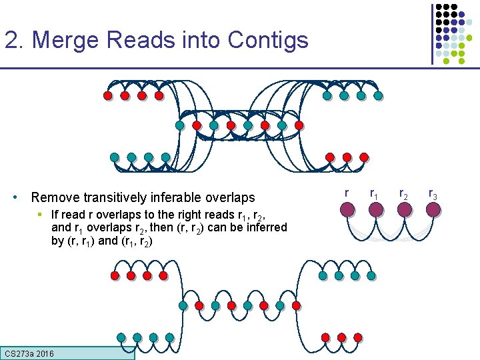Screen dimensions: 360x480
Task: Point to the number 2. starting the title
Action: [x=15, y=40]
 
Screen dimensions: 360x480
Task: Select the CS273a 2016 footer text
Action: [x=29, y=353]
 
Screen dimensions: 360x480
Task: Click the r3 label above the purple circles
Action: [x=433, y=195]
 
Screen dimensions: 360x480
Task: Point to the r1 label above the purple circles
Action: [x=375, y=195]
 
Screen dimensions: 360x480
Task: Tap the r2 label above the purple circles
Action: [x=404, y=195]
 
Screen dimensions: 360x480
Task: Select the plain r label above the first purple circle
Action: [x=347, y=193]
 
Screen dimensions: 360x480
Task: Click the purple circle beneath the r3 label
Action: [x=433, y=209]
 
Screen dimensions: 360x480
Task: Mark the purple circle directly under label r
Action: [x=347, y=209]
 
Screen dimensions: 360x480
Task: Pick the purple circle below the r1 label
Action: [x=376, y=209]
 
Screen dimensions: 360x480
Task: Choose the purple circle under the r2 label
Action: [x=405, y=209]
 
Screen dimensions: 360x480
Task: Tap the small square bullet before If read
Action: [x=41, y=214]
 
